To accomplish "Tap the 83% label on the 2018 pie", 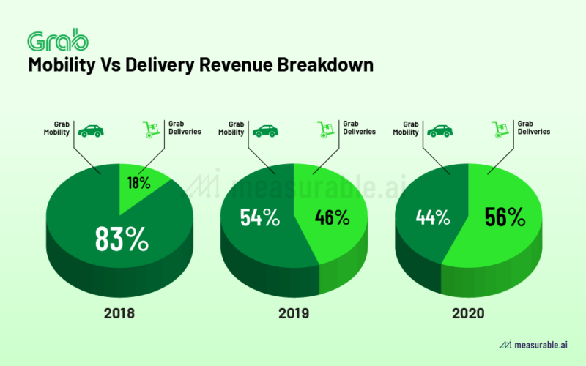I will coord(122,239).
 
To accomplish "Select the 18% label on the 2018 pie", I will coord(138,182).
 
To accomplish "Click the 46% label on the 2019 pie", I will coord(333,218).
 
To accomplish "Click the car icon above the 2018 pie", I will coord(91,131).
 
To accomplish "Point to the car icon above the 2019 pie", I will coord(265,131).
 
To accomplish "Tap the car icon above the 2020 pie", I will coord(439,131).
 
